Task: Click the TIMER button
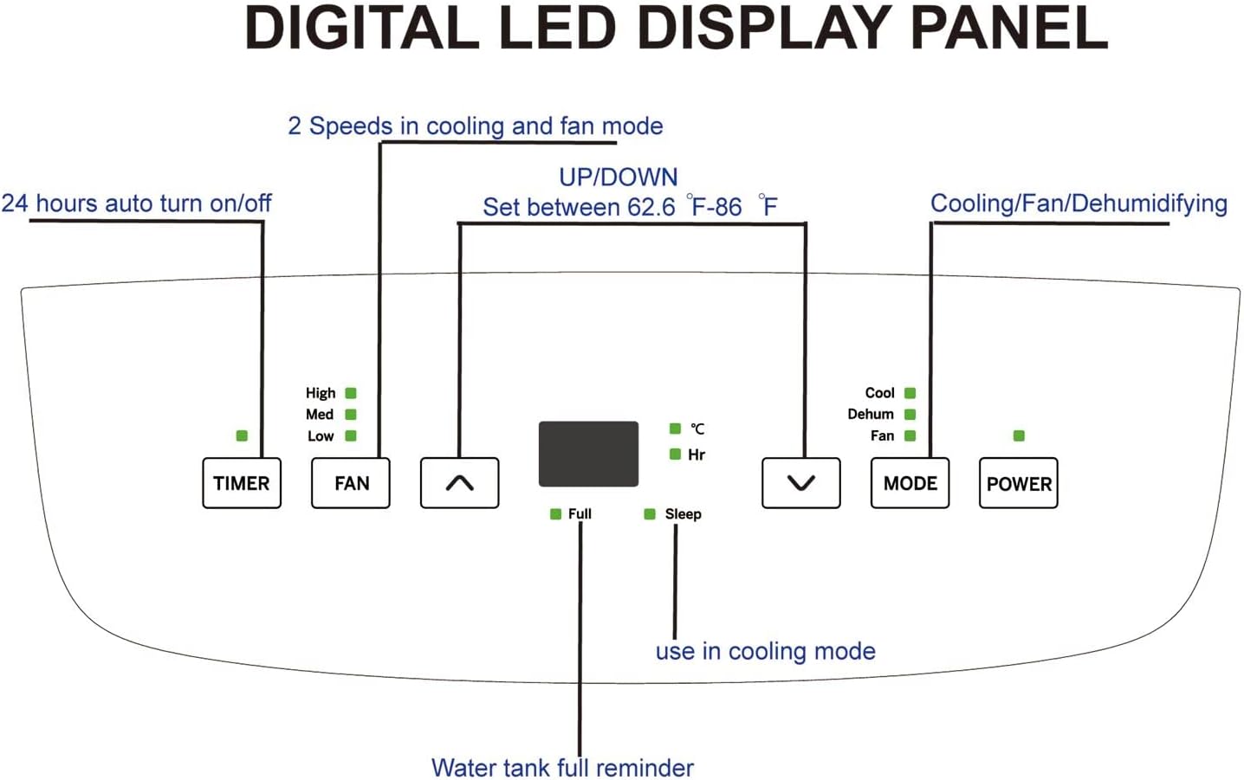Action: [241, 483]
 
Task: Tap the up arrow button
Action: [459, 483]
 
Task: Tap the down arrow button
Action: [800, 483]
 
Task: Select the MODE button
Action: [910, 483]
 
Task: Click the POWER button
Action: [1018, 483]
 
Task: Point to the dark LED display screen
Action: [588, 454]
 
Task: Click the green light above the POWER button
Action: [1019, 435]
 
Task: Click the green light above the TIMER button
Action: [242, 435]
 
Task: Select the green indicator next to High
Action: [351, 393]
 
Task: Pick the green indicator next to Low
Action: [351, 435]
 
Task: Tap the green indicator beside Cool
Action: [910, 393]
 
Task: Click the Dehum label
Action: [870, 414]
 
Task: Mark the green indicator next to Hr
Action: [675, 454]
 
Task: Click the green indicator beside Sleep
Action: [650, 514]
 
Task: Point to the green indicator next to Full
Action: [555, 514]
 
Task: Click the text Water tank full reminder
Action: [562, 767]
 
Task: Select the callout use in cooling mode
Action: [765, 651]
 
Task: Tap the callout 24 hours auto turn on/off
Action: [136, 203]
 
